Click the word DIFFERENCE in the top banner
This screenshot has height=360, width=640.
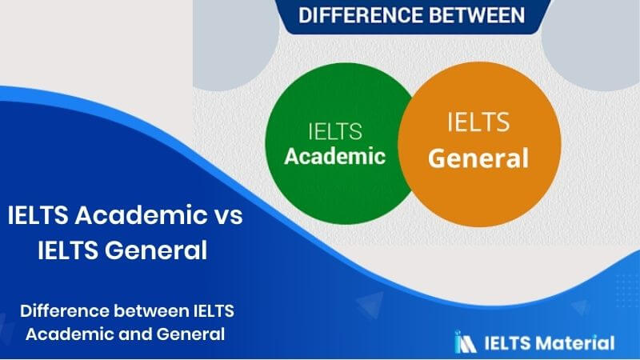361,15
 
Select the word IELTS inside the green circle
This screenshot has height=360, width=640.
334,131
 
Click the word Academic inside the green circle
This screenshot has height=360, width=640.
334,156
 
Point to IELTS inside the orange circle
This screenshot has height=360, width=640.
478,122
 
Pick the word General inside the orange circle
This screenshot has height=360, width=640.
478,158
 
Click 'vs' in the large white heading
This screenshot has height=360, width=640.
229,216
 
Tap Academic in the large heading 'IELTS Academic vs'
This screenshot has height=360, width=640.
141,214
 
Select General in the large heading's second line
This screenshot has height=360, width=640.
156,250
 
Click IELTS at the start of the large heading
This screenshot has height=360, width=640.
38,214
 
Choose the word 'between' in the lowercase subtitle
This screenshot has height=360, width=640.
151,311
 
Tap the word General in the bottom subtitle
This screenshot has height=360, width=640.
190,334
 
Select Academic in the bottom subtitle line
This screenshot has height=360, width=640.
70,334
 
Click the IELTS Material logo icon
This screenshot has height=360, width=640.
466,342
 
